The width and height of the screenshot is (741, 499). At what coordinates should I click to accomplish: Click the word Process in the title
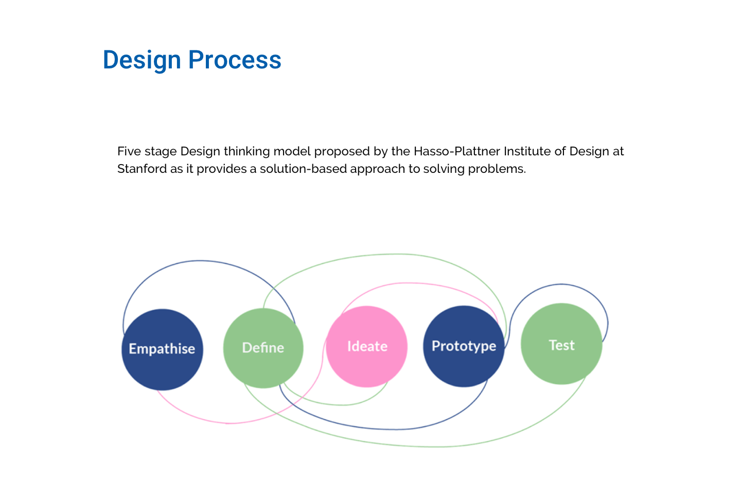(x=235, y=60)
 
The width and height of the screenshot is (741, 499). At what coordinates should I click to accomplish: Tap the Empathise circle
(x=162, y=349)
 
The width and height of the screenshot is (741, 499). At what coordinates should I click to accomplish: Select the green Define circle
(x=263, y=348)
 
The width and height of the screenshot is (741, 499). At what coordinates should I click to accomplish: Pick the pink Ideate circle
(x=367, y=346)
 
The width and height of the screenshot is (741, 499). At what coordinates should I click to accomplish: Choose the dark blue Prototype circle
(x=464, y=346)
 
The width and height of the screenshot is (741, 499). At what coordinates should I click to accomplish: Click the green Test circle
(x=561, y=344)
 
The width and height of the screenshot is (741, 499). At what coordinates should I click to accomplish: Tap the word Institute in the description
(x=527, y=151)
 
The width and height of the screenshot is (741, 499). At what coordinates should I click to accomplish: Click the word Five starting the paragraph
(x=128, y=151)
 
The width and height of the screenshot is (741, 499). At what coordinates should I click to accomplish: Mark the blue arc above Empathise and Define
(x=201, y=261)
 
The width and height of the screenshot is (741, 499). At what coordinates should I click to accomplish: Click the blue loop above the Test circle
(x=562, y=284)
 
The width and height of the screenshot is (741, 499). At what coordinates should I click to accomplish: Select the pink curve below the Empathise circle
(x=229, y=423)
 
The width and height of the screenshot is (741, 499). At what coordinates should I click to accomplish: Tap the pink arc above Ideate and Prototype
(x=412, y=283)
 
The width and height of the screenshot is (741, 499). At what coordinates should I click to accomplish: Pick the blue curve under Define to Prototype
(x=396, y=429)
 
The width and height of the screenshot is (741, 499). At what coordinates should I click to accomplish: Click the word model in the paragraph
(x=292, y=151)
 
